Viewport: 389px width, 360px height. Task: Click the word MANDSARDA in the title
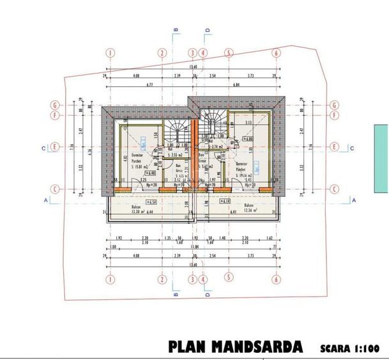click(x=258, y=347)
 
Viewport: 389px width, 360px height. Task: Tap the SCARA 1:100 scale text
click(x=351, y=348)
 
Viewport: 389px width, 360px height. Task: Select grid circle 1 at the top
click(x=111, y=53)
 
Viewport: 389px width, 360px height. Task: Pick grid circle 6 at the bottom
click(x=276, y=279)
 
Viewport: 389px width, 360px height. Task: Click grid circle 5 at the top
click(x=228, y=53)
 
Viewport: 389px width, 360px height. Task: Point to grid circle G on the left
click(x=56, y=105)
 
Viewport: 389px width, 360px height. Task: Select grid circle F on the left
click(x=56, y=116)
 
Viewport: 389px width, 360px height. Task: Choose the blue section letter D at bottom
click(x=208, y=295)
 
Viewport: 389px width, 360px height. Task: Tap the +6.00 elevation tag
click(x=247, y=139)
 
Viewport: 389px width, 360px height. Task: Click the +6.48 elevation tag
click(x=151, y=173)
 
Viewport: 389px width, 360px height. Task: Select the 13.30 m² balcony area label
click(x=135, y=212)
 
